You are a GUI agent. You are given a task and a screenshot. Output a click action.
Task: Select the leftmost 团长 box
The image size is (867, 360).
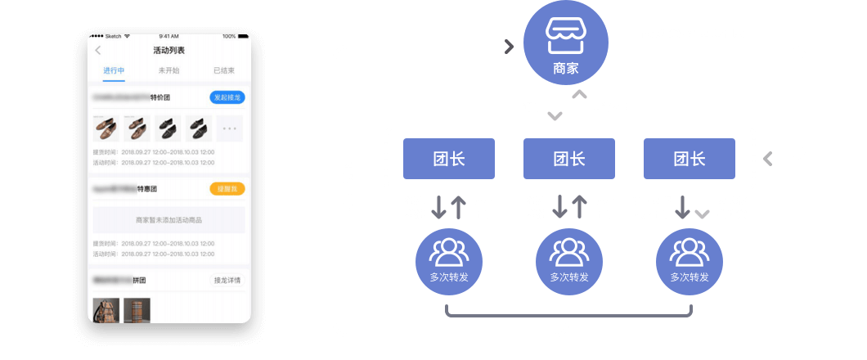(x=449, y=159)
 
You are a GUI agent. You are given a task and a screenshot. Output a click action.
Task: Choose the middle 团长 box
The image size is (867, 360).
(x=569, y=159)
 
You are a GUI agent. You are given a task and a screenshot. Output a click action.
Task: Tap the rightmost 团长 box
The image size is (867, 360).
(x=690, y=159)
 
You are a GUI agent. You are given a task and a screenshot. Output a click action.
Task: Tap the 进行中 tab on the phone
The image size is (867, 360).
(x=114, y=70)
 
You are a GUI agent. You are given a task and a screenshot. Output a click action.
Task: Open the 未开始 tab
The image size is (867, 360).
(x=168, y=70)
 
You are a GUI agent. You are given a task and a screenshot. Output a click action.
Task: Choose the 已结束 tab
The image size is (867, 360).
(x=223, y=70)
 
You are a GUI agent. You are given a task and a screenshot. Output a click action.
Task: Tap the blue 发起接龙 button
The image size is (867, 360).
(x=227, y=98)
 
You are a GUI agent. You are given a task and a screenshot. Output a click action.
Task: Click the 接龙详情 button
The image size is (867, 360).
(x=227, y=281)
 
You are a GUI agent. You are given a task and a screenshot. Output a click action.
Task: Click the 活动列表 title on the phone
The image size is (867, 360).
(x=168, y=51)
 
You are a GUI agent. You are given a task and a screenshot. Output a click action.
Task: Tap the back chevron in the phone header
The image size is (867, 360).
(x=99, y=51)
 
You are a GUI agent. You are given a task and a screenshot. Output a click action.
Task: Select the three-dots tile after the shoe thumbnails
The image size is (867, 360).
(x=230, y=129)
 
